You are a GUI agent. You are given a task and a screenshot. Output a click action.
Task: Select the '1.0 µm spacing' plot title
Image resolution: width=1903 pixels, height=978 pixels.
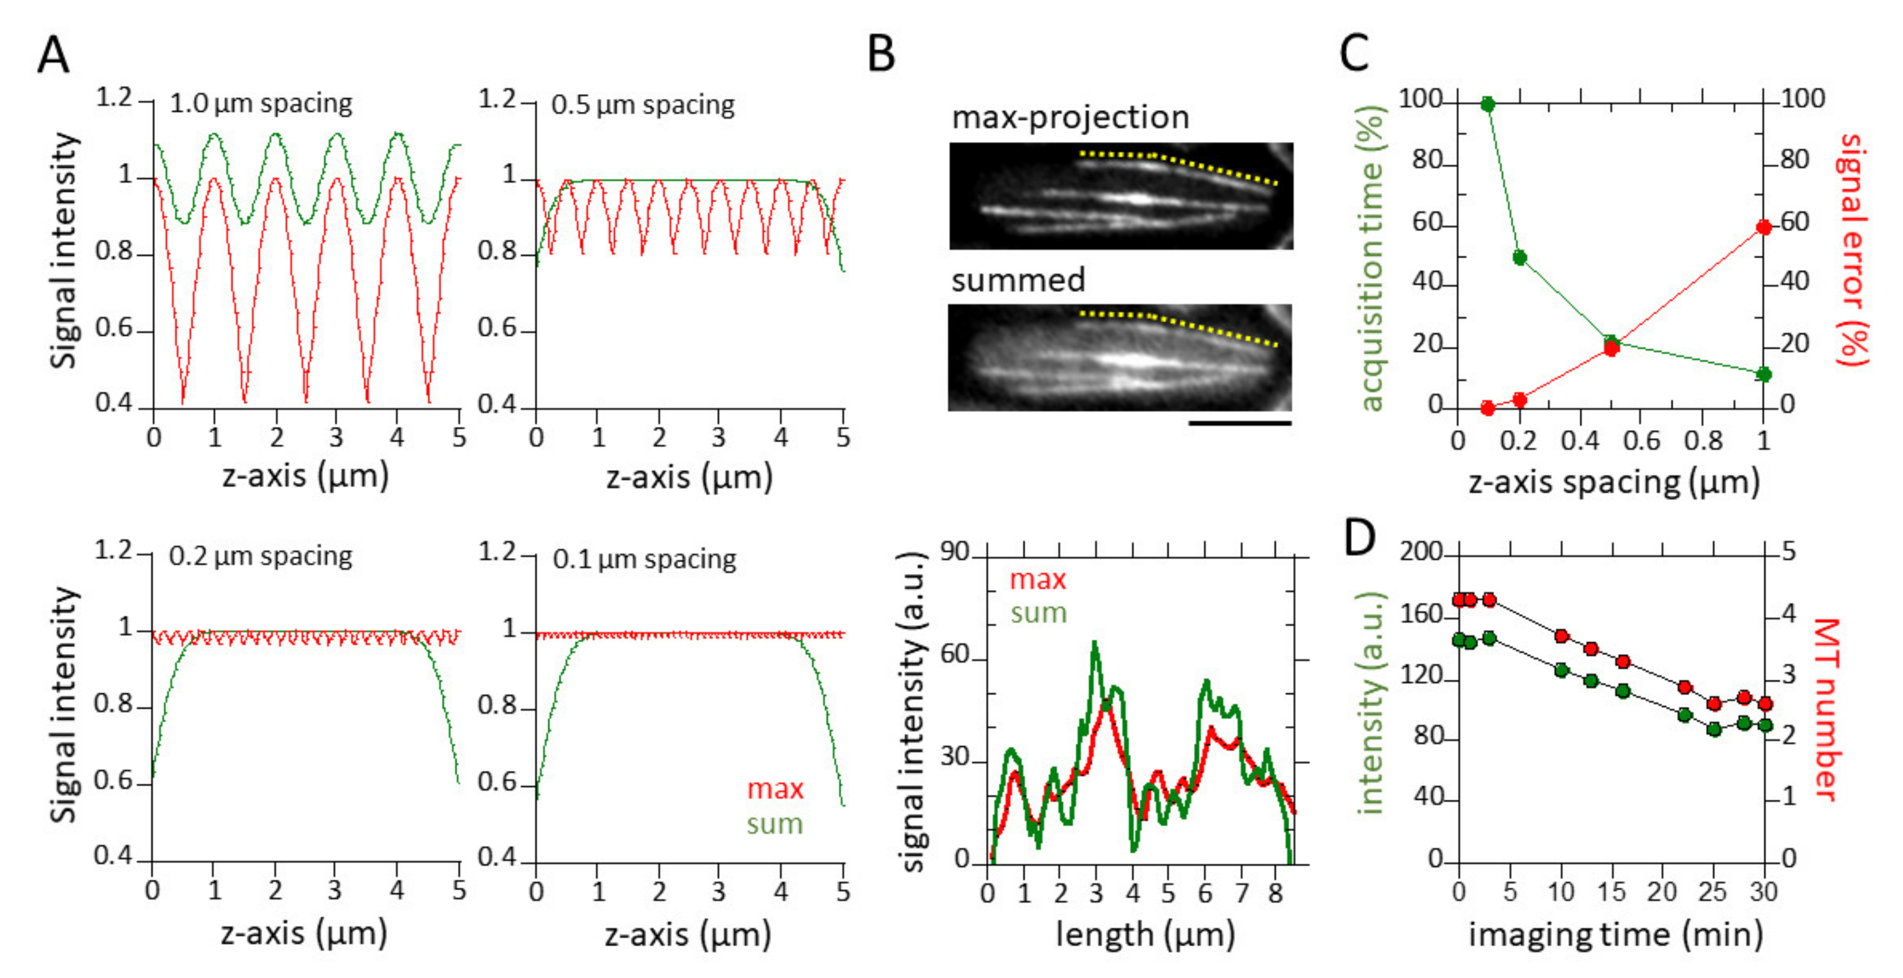(x=261, y=103)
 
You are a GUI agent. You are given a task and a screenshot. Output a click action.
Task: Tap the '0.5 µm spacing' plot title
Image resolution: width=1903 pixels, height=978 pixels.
(x=642, y=105)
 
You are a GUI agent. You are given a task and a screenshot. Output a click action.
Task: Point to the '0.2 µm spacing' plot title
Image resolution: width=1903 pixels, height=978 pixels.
(x=260, y=556)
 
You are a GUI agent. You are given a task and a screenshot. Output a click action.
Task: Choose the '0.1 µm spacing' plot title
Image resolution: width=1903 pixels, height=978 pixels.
(x=644, y=559)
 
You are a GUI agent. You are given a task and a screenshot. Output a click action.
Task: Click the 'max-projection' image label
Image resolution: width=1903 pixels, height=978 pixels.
(x=1070, y=117)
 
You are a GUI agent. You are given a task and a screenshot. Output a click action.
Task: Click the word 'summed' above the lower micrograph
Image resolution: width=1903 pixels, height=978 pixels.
(x=1018, y=280)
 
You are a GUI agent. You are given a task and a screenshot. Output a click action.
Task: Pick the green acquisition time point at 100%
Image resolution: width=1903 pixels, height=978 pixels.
(x=1488, y=104)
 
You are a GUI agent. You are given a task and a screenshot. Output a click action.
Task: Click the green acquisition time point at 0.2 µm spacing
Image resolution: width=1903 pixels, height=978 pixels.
(x=1520, y=257)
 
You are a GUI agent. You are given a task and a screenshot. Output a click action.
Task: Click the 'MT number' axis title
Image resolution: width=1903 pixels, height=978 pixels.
(x=1826, y=709)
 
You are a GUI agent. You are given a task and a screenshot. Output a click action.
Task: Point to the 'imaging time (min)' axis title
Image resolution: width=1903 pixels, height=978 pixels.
(x=1616, y=935)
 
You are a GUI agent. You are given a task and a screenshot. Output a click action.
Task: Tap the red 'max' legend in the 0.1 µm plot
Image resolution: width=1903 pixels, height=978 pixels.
(x=775, y=789)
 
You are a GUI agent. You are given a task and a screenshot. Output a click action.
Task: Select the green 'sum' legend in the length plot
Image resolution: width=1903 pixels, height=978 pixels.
(x=1039, y=613)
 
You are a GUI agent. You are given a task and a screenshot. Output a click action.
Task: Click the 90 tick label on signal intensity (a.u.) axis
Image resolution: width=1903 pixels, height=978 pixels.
(x=954, y=552)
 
